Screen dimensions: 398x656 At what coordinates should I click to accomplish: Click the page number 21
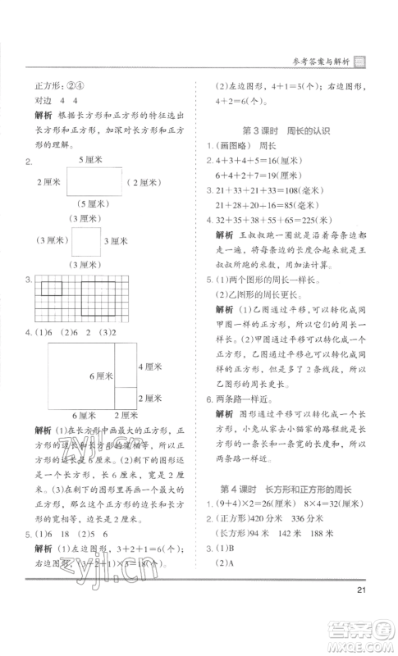click(359, 594)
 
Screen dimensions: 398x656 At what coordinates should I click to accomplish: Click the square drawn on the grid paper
click(51, 288)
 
